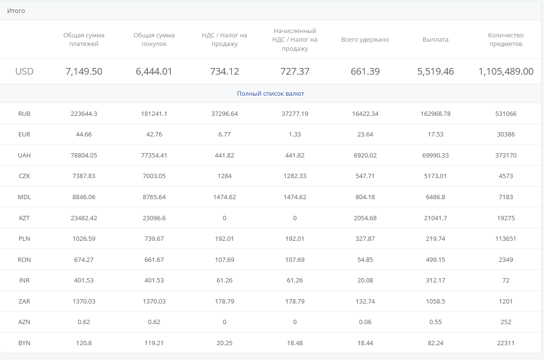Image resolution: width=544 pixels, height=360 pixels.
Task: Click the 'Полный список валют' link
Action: (270, 94)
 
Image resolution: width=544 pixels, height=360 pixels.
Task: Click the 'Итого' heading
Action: (16, 11)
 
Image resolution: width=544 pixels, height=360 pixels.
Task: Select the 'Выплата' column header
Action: (435, 40)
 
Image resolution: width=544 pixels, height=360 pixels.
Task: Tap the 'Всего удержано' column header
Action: (365, 40)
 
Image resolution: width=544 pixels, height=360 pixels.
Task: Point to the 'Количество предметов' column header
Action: (506, 40)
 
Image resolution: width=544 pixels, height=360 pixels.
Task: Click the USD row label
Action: (24, 72)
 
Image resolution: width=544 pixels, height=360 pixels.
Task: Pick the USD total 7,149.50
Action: (84, 72)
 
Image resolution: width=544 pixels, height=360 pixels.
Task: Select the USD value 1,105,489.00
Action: (506, 72)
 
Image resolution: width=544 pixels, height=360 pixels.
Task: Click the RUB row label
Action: (24, 114)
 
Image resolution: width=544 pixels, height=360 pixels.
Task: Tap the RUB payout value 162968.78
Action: (435, 114)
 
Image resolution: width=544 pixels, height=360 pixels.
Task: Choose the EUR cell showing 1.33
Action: (295, 135)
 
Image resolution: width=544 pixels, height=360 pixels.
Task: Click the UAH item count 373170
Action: (506, 156)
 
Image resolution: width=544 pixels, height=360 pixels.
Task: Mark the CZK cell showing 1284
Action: (224, 176)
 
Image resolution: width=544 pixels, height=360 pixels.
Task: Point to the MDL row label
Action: (24, 197)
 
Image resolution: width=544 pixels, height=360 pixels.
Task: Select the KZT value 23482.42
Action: (84, 218)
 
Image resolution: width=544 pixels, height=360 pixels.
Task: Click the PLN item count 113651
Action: (506, 239)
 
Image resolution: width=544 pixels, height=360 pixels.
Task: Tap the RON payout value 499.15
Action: (435, 259)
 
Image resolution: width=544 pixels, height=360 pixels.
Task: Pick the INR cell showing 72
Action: (506, 281)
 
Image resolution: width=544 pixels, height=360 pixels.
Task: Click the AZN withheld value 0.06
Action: (365, 322)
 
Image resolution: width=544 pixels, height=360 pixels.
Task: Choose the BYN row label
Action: (24, 343)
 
